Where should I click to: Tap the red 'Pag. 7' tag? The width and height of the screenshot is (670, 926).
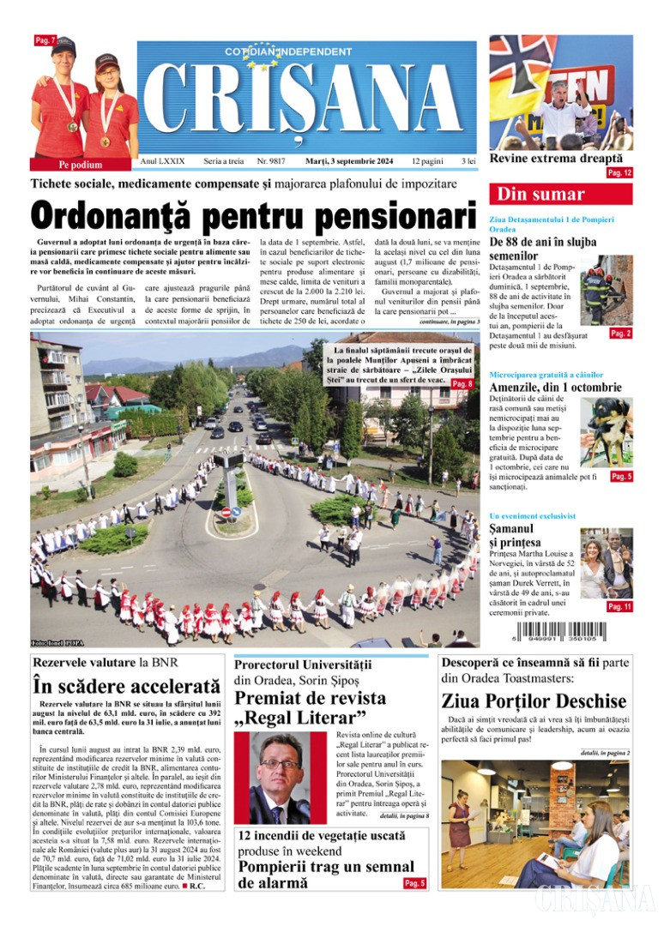coord(45,40)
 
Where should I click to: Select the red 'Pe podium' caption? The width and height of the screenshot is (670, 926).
coord(81,165)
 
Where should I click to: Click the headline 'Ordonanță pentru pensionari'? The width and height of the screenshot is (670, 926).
coord(253,214)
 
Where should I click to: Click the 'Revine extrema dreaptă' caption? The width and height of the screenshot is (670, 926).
coord(556,159)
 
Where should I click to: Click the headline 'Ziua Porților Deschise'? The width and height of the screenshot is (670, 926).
coord(534,701)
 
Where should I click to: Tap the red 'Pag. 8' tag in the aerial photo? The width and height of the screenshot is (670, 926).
coord(462,384)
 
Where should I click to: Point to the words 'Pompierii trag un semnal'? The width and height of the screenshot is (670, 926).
coord(326,867)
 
